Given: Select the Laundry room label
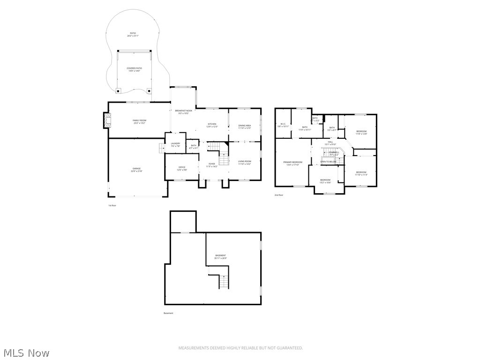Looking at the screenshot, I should coord(176,144).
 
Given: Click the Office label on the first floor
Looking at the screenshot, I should coord(182,168).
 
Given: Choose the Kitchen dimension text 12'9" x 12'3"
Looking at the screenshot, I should coord(212,127).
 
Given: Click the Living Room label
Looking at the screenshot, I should coord(245,162).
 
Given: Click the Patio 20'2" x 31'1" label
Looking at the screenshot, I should coord(133,34).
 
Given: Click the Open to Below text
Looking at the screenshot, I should coord(328,162).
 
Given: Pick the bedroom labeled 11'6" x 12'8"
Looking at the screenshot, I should coord(361,132).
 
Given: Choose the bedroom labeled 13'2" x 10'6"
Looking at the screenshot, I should coord(325,181).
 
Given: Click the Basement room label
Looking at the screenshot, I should coord(220,256).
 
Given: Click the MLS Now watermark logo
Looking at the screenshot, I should coord(26,352).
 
